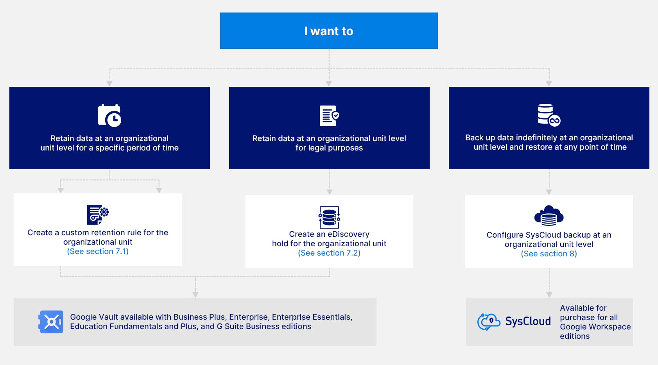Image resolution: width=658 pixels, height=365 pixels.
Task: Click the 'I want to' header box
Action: point(329,31)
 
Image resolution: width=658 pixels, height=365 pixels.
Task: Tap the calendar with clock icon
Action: point(109,115)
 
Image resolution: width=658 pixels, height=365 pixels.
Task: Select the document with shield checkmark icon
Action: point(329,116)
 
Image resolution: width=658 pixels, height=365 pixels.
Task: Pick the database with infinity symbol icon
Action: point(549,115)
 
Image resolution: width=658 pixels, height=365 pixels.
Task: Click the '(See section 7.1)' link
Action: point(98,251)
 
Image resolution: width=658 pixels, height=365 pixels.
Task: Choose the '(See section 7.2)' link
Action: point(329,253)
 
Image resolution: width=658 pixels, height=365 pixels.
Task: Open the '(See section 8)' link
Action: point(549,254)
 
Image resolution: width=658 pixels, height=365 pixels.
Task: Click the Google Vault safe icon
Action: point(51,322)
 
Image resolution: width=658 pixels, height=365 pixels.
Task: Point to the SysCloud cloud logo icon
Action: point(489,322)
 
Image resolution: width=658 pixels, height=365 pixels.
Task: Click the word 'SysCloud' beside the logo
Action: point(528,321)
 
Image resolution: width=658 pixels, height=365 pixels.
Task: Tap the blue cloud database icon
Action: point(549,216)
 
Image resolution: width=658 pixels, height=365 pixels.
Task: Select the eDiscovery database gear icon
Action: point(329,217)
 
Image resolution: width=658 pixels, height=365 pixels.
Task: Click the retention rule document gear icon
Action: point(97,214)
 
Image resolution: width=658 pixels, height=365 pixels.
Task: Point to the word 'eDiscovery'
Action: point(348,234)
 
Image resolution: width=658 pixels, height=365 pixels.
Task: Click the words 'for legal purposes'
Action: point(329,148)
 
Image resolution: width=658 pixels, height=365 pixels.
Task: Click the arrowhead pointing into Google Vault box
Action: point(195,295)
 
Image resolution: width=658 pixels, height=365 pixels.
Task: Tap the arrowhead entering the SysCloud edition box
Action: point(549,295)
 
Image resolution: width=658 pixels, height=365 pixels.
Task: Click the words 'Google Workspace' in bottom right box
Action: point(595,327)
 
